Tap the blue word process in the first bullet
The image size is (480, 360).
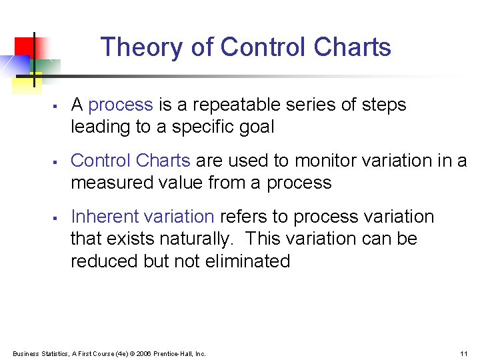(121, 105)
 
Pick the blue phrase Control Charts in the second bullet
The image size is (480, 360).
(130, 161)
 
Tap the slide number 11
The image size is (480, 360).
(463, 353)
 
